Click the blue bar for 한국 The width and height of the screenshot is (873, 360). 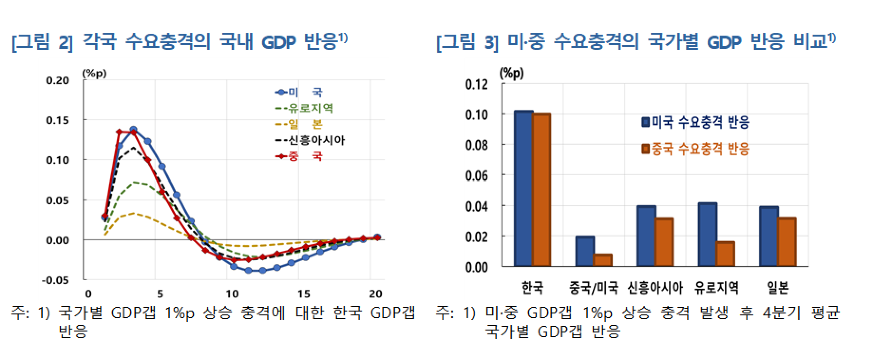[x=523, y=189]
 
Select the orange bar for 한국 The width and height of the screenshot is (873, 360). [x=541, y=190]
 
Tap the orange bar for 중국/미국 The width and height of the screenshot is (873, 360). [x=603, y=260]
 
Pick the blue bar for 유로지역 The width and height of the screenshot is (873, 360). [x=707, y=235]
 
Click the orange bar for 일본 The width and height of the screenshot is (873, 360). [x=787, y=242]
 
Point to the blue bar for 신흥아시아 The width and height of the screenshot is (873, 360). [x=646, y=236]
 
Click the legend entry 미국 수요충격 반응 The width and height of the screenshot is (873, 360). [x=696, y=122]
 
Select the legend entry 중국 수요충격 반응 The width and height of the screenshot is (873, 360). [x=696, y=149]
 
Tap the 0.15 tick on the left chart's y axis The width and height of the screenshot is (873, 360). [x=57, y=120]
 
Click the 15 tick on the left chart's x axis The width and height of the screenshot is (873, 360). [x=304, y=294]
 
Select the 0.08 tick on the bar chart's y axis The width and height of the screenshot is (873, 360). [x=476, y=145]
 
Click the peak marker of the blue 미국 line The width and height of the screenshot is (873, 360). [x=133, y=130]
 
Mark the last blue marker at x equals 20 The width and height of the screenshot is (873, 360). [x=377, y=237]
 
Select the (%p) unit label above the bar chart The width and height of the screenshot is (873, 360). [x=512, y=73]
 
